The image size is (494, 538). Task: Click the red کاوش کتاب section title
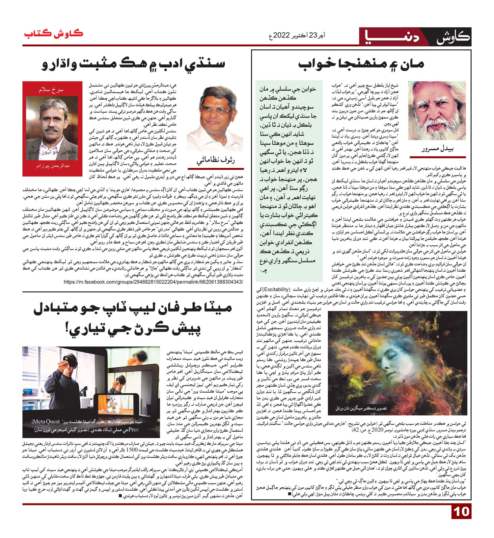click(x=53, y=34)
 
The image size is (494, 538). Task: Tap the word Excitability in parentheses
click(x=276, y=290)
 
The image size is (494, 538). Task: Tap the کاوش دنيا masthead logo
click(x=414, y=37)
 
